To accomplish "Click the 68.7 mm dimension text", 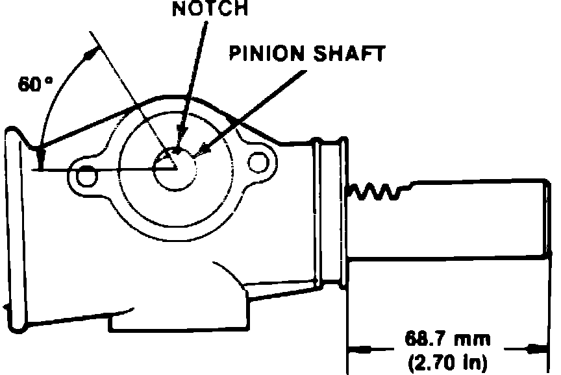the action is coord(447,339).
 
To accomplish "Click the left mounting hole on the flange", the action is coord(84,175).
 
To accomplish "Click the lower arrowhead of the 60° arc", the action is coord(40,156).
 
